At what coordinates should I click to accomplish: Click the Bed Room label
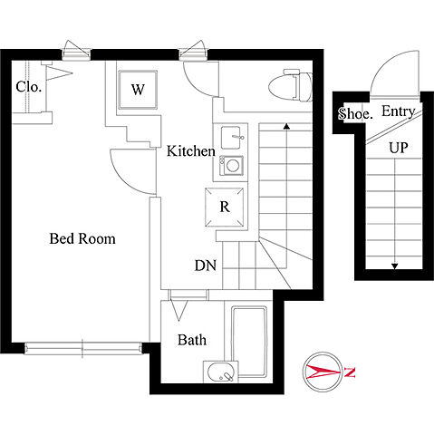click(x=82, y=238)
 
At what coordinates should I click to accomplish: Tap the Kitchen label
click(x=191, y=150)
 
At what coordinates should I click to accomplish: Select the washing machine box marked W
click(x=138, y=90)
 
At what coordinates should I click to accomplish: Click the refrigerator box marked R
click(x=224, y=207)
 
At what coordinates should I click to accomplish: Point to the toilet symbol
click(x=291, y=85)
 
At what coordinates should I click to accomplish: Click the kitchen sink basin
click(x=231, y=138)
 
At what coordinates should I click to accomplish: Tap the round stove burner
click(x=233, y=166)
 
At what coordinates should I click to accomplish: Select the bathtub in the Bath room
click(x=249, y=342)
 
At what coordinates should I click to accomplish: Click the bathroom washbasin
click(x=221, y=372)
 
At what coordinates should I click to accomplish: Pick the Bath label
click(x=192, y=340)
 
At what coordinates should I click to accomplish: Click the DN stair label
click(x=206, y=266)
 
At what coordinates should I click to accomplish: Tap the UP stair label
click(x=398, y=148)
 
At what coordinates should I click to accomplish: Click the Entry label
click(x=398, y=111)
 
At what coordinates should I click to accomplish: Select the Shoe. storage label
click(x=355, y=113)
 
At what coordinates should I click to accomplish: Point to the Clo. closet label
click(x=28, y=87)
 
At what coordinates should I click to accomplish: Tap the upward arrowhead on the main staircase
click(x=286, y=126)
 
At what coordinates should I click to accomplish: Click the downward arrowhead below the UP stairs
click(x=394, y=266)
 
